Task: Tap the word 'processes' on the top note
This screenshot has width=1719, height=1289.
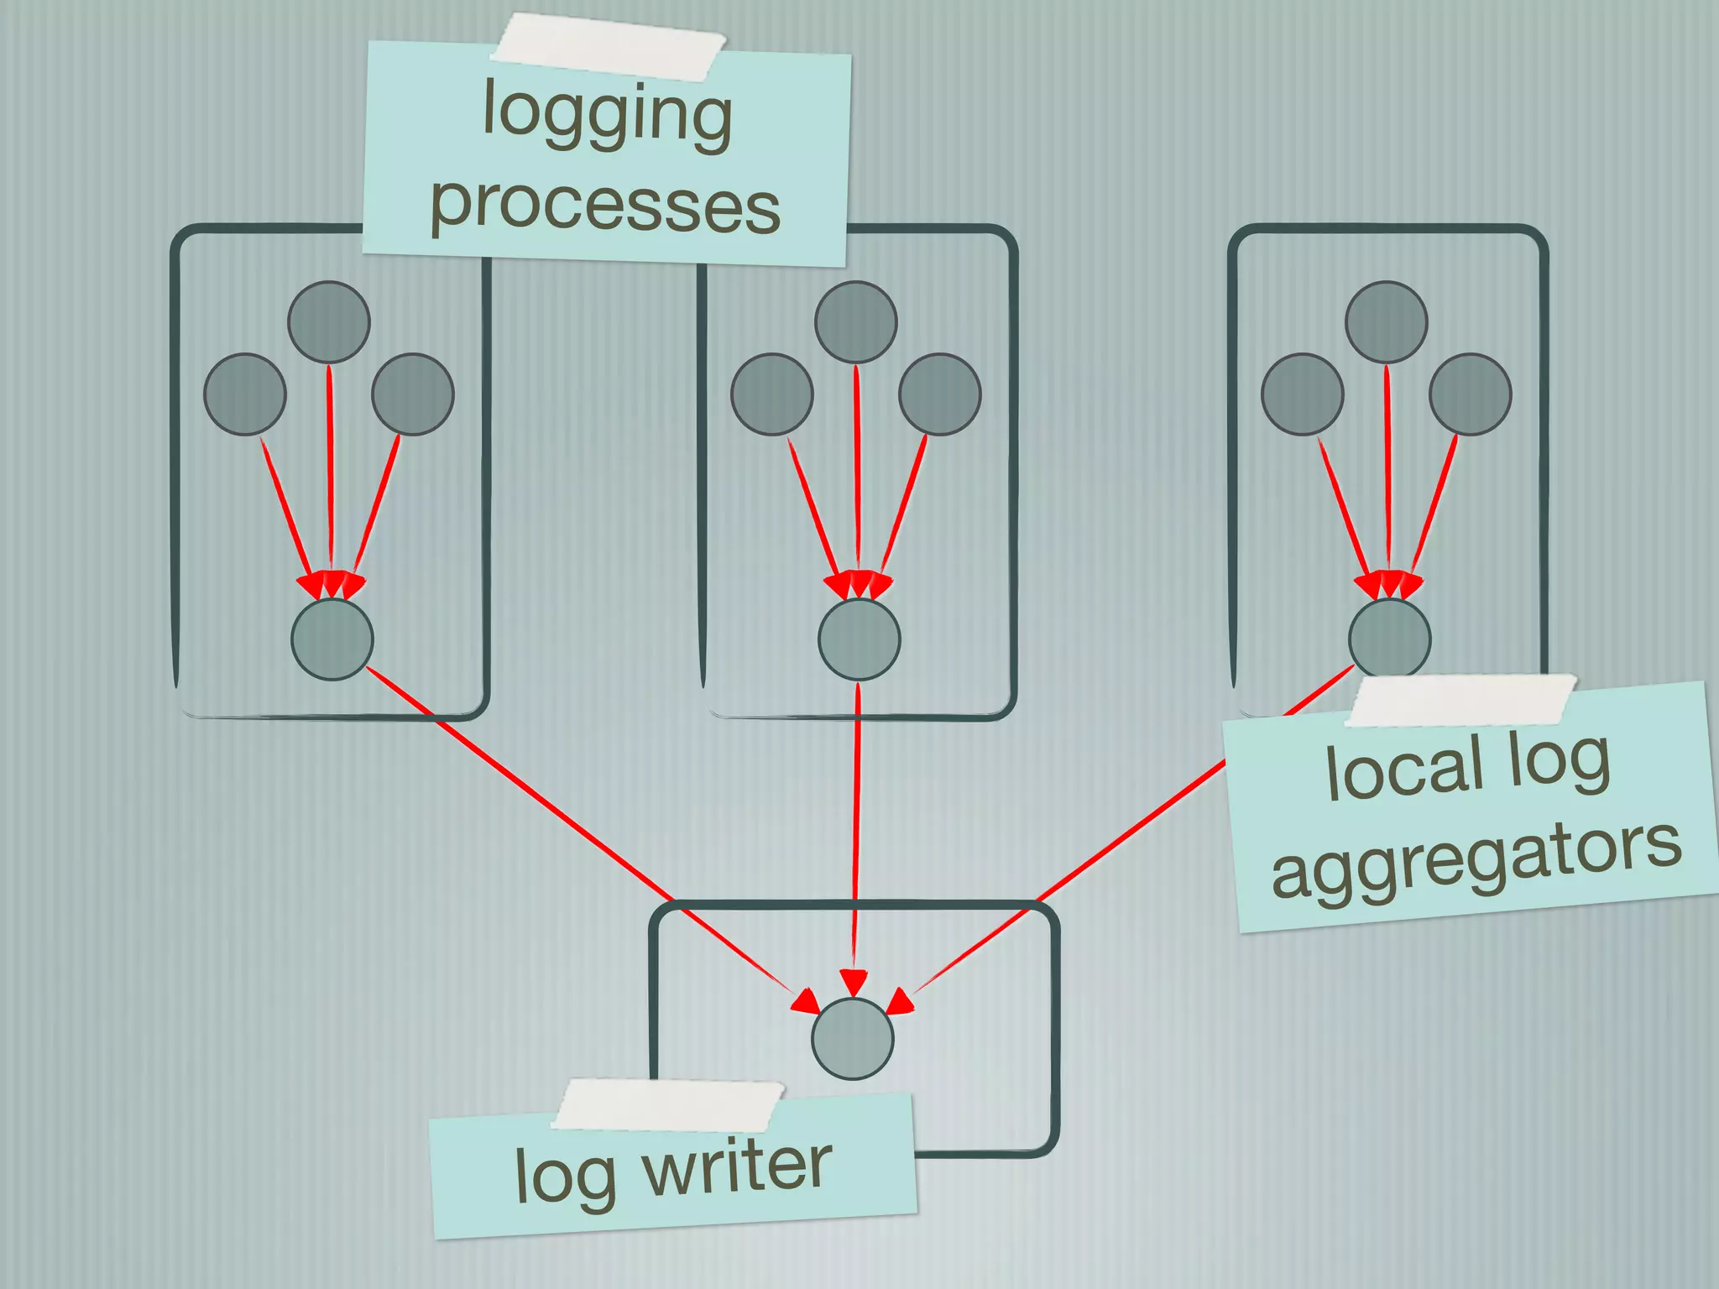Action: point(605,206)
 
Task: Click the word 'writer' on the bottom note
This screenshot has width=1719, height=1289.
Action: point(738,1166)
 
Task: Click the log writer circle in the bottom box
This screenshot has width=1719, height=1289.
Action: point(852,1038)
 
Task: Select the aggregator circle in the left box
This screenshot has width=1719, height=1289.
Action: point(332,639)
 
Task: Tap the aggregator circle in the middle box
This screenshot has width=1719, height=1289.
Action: point(859,639)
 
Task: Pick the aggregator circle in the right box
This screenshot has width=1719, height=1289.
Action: point(1389,637)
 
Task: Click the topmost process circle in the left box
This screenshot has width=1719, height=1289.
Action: point(329,321)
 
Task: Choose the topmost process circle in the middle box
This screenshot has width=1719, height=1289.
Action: point(855,321)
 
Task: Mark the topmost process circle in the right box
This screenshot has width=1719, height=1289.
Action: point(1386,321)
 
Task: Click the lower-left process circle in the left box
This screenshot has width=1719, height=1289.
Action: point(245,394)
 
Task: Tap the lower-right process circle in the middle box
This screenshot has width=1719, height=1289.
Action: point(939,394)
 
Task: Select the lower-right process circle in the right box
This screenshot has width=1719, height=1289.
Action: point(1470,394)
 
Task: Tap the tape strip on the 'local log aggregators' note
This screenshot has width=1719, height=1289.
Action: point(1461,701)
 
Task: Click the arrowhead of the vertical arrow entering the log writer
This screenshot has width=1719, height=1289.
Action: point(854,983)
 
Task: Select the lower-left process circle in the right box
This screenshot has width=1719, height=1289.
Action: point(1302,394)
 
